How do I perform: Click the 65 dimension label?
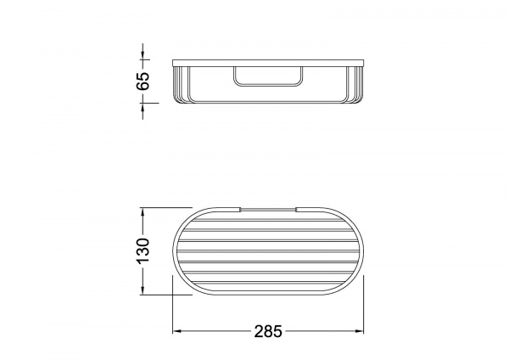coord(143,81)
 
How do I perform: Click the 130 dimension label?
coord(143,250)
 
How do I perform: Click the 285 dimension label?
coord(268,332)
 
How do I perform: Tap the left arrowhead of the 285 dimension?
coord(176,331)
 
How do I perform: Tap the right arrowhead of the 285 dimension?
coord(360,331)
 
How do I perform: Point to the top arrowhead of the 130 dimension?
coord(143,212)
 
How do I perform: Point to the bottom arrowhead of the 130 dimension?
coord(143,290)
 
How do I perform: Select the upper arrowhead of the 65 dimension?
coord(143,55)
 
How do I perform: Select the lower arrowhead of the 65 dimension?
coord(143,108)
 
